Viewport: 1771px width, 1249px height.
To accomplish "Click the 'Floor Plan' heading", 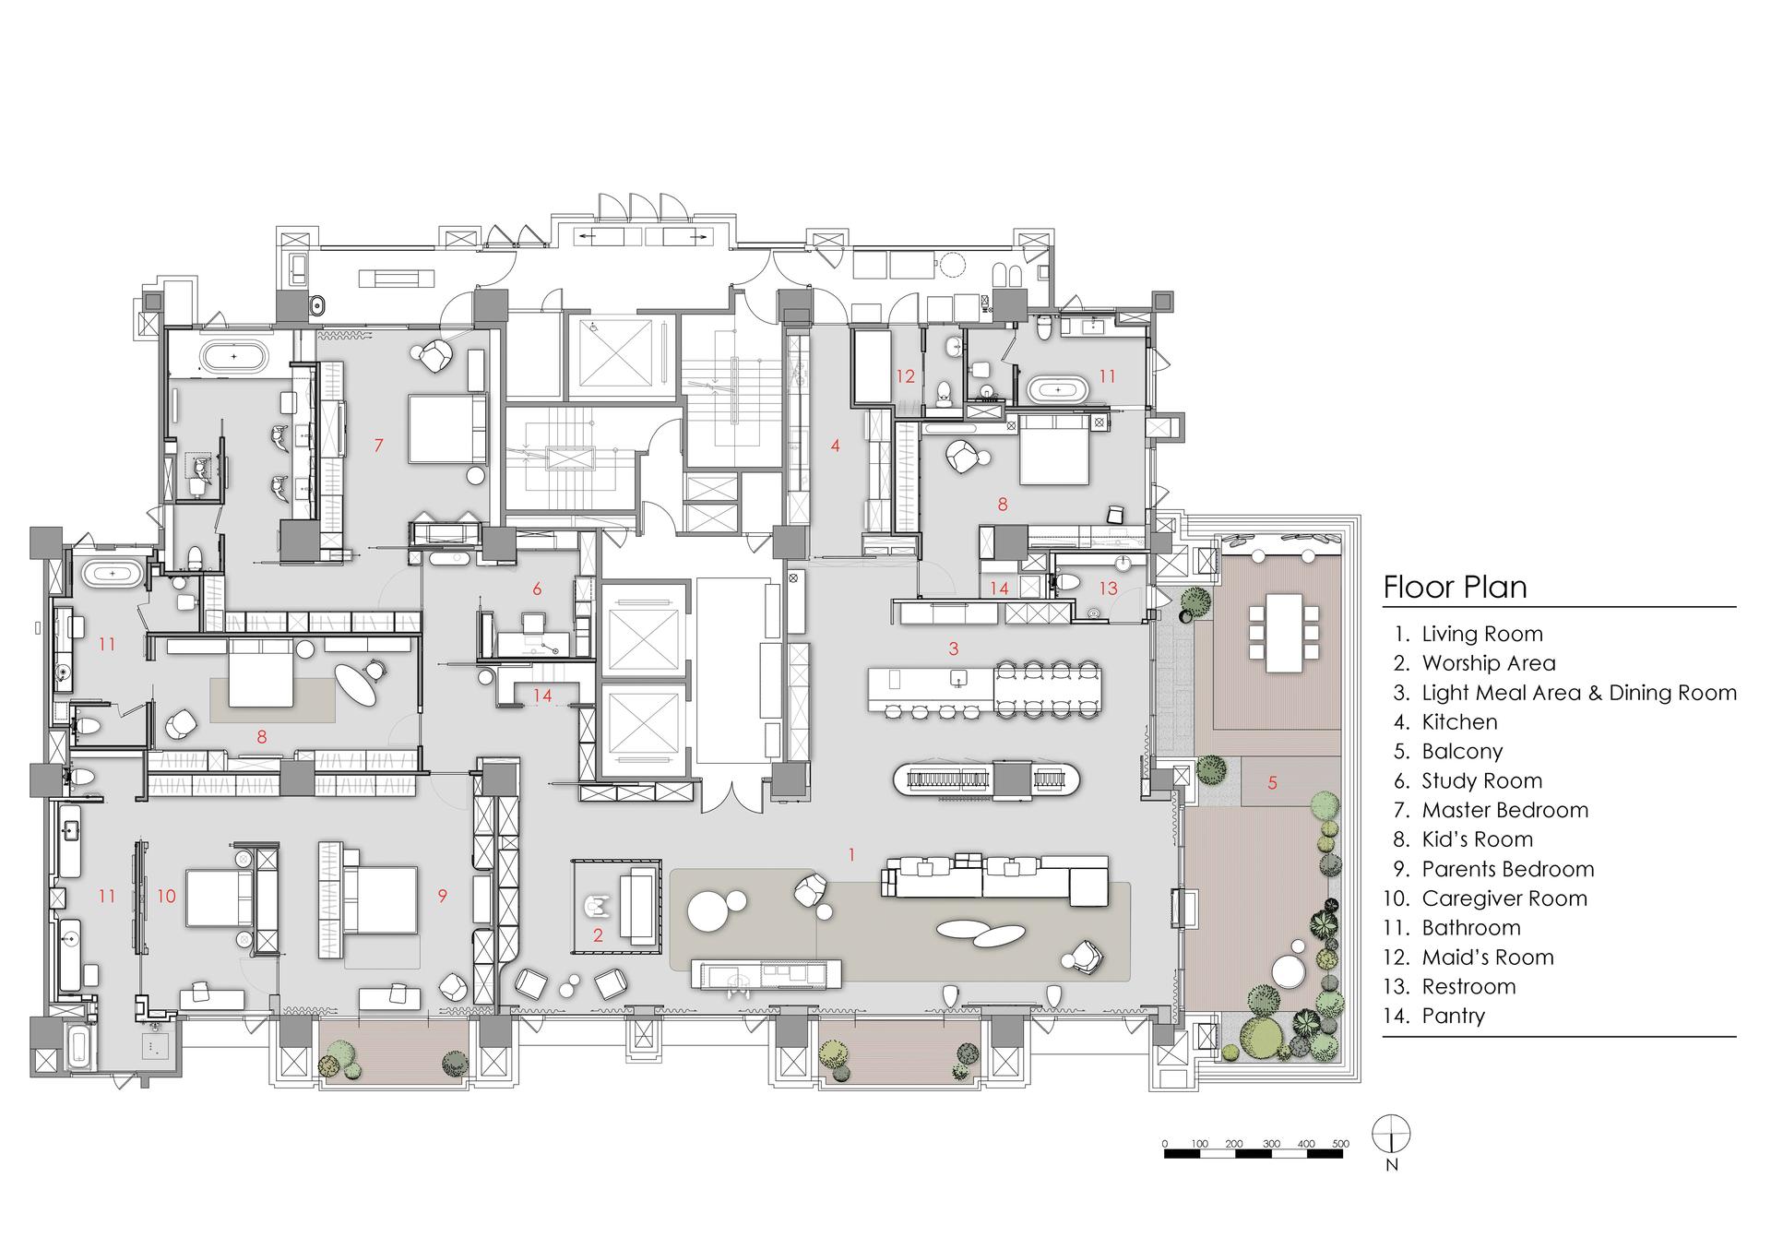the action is [1455, 588].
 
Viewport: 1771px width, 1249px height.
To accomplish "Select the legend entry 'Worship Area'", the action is [1488, 663].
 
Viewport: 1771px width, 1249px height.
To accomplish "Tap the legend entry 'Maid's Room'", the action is [1487, 958].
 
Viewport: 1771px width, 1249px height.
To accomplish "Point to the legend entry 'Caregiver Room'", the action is [1504, 898].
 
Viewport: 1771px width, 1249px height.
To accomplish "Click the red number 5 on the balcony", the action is [1272, 783].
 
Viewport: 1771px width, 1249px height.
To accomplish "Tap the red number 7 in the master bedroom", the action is [378, 446].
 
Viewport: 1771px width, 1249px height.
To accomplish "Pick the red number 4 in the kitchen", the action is [835, 446].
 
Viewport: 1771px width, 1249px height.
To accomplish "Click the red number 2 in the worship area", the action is [598, 935].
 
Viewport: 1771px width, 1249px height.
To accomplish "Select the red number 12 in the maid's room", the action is [905, 376].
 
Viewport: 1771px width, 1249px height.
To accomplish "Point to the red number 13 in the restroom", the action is [1108, 589].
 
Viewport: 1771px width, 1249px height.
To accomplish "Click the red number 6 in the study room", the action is [537, 589].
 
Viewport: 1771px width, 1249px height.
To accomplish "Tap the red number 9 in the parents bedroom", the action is [443, 895].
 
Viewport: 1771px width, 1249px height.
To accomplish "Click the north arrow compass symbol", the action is [1391, 1135].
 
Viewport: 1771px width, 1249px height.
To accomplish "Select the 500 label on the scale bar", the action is [1339, 1144].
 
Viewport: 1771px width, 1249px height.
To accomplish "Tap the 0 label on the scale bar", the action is [1165, 1144].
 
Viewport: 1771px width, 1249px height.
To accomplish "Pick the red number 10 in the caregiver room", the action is [166, 895].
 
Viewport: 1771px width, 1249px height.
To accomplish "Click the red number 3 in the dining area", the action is [954, 648].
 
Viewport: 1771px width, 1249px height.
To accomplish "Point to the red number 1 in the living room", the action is [851, 855].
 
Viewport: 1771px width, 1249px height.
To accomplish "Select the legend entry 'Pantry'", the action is [1454, 1017].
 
